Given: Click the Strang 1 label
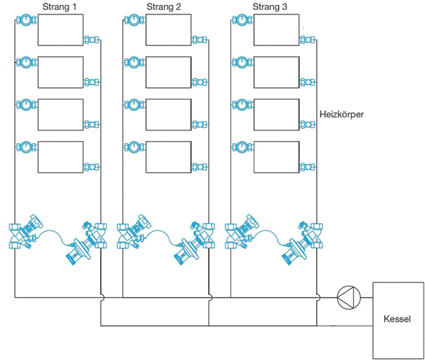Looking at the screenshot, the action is (x=59, y=6).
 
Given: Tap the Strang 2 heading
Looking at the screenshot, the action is (x=164, y=6).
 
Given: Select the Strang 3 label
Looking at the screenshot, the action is (x=269, y=6).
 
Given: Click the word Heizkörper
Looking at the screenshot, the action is (x=341, y=114).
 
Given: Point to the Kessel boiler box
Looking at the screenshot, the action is (x=398, y=320).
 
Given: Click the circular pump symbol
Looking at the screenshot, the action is (x=349, y=297).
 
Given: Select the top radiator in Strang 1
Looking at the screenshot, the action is (x=61, y=30).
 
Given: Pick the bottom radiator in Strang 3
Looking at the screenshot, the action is (x=277, y=157).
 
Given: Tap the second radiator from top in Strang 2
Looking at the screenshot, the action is (x=169, y=72).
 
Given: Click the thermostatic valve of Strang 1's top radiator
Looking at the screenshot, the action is (x=26, y=19).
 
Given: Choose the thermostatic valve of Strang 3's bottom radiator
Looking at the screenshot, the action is (x=242, y=147).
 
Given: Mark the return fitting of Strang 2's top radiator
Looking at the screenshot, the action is (x=200, y=40).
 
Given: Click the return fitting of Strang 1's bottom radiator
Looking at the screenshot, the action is (x=91, y=167).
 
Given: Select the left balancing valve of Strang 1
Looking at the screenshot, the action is (x=26, y=232).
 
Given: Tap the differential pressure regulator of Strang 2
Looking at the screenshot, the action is (x=194, y=243).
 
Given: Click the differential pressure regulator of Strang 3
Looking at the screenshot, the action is (x=302, y=243).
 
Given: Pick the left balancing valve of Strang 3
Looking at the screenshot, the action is (x=242, y=232).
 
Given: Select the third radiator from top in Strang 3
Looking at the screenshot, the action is (x=277, y=114).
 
